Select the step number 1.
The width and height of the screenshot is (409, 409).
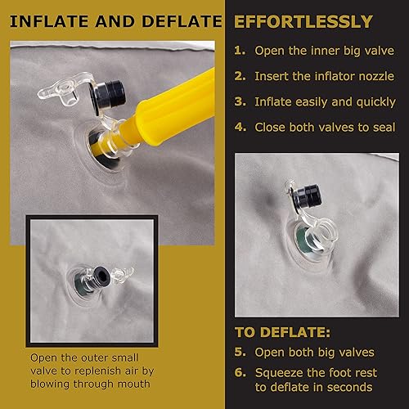[240, 50]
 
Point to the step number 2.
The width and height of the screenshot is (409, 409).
[240, 76]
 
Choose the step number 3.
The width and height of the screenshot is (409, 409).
[240, 101]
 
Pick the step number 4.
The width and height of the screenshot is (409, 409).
[240, 128]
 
